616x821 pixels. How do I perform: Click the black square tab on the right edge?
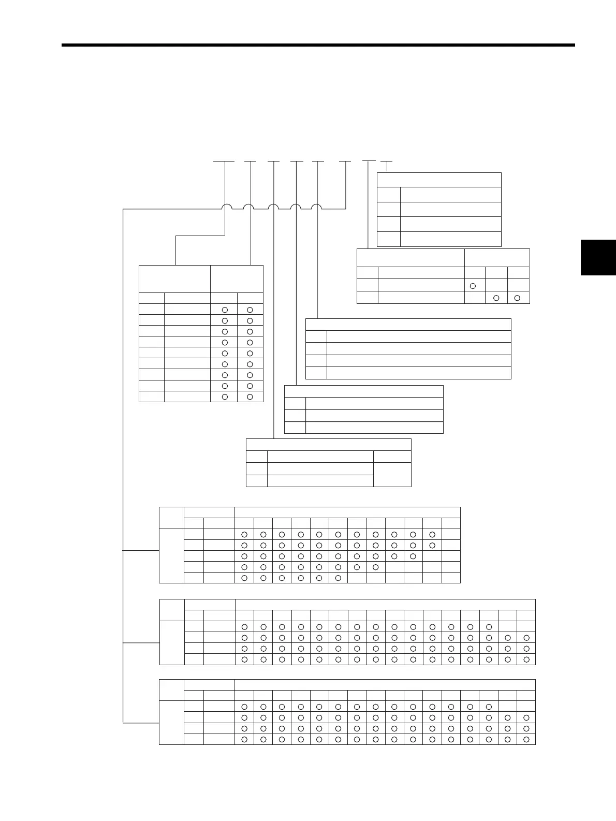(x=598, y=257)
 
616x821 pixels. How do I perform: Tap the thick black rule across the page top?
(x=318, y=45)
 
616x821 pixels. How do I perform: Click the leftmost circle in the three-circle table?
(x=473, y=286)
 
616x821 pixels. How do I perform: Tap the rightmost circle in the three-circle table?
(x=517, y=297)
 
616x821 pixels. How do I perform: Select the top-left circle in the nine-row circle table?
(x=225, y=310)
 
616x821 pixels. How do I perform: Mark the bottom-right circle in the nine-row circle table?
(x=250, y=397)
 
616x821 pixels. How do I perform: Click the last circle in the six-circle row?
(x=338, y=578)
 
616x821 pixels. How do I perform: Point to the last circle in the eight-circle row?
(x=375, y=567)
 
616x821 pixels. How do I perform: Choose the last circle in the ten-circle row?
(x=413, y=556)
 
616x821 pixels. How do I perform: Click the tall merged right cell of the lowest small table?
(x=392, y=474)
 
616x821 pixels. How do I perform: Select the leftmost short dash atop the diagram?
(x=224, y=162)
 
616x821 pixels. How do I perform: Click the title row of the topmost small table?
(x=439, y=180)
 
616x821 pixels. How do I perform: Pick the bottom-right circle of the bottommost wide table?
(x=526, y=739)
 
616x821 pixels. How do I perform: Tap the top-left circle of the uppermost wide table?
(x=244, y=534)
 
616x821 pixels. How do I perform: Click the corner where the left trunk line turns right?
(x=123, y=209)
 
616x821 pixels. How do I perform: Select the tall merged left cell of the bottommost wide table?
(x=171, y=723)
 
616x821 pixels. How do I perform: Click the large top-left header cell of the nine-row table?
(x=174, y=279)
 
